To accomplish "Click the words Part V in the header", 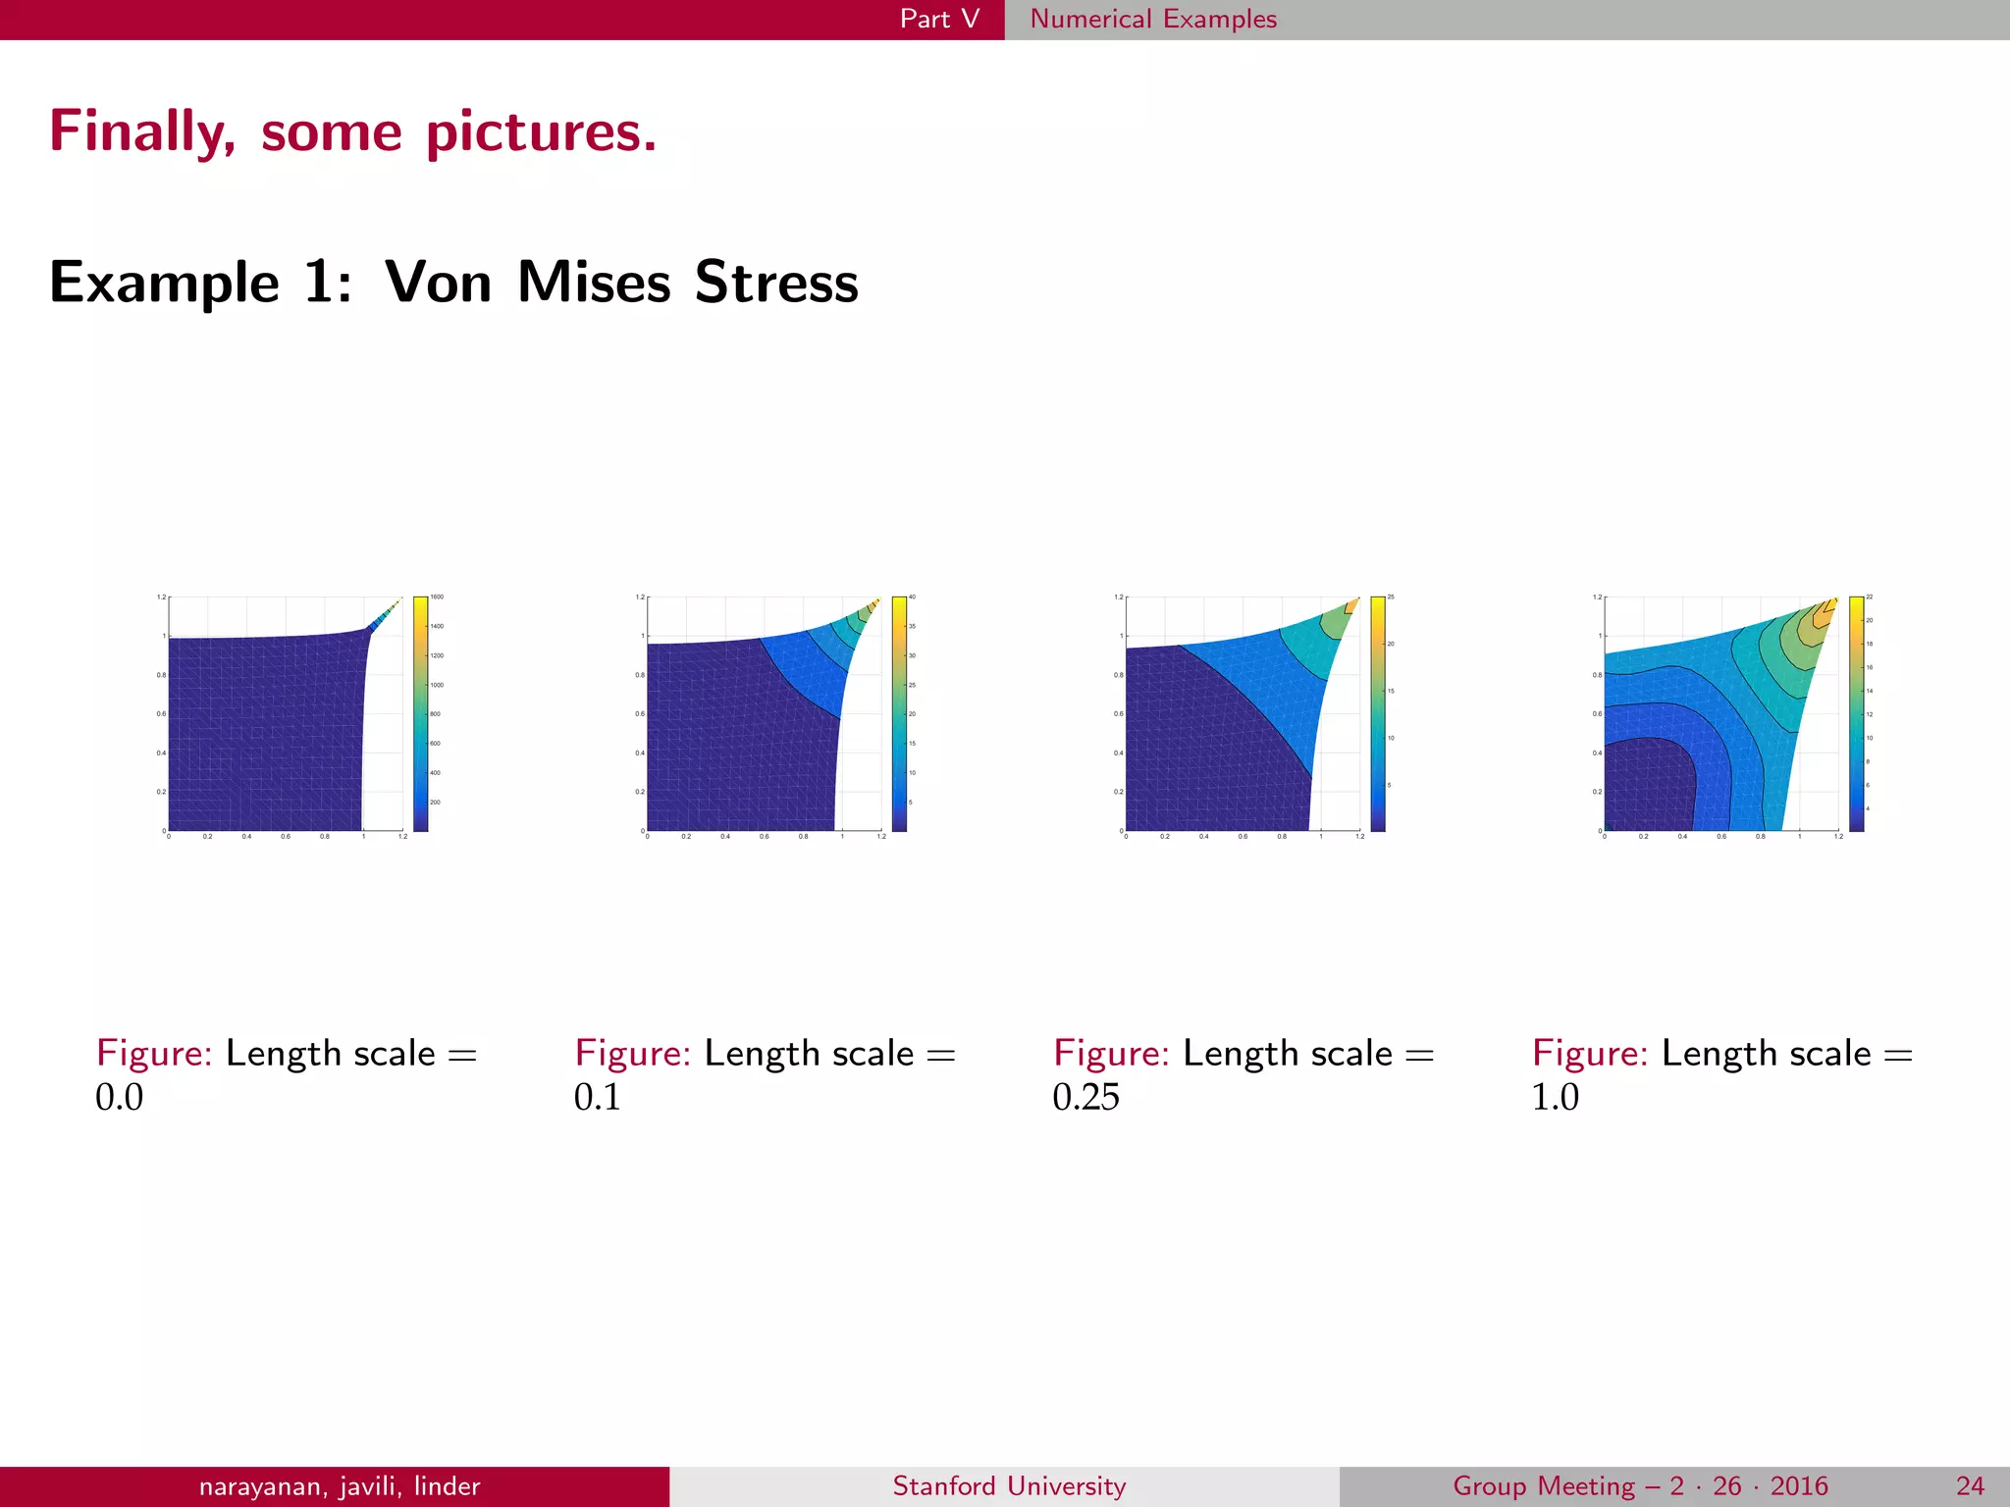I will pos(939,19).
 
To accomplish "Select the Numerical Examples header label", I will pos(1153,19).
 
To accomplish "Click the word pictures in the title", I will pos(541,131).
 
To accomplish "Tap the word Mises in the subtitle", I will pos(594,283).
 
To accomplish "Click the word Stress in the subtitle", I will pos(776,283).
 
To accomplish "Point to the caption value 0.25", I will pos(1085,1097).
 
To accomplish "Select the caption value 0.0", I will pos(119,1097).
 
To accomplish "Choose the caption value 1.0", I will pos(1556,1097).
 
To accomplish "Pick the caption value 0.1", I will pos(598,1097).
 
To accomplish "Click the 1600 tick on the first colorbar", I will pos(438,597).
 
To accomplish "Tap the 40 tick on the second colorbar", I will pos(912,597).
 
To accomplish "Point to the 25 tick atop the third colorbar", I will pos(1391,597).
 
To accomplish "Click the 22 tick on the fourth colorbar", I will pos(1870,597).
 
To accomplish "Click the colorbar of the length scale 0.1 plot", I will pos(899,713).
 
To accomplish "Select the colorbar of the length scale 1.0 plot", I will pos(1856,713).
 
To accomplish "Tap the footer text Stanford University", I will pos(1009,1486).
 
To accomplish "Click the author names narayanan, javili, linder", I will pos(340,1486).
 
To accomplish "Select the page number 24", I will pos(1970,1486).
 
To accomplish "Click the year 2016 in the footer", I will pos(1799,1486).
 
